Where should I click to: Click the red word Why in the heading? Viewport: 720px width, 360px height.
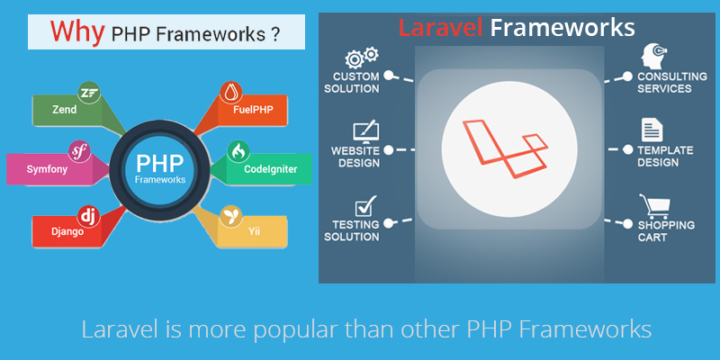coord(77,31)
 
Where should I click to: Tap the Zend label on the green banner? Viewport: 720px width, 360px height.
coord(64,110)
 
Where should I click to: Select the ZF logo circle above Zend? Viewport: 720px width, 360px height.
coord(89,93)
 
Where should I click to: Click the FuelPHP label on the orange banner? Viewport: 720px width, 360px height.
coord(252,110)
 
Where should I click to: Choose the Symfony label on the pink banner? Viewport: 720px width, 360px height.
coord(48,169)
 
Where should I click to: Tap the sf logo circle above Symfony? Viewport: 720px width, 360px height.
coord(79,151)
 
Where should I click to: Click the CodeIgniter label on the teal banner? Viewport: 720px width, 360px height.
coord(271,169)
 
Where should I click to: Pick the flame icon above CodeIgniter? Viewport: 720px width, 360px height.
coord(238,152)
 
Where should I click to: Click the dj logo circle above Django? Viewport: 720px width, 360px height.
coord(89,216)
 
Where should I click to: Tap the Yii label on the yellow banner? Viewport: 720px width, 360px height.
coord(255,231)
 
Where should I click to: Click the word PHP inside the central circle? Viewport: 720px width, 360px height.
coord(160,163)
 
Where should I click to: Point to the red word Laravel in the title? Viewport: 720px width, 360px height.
coord(440,28)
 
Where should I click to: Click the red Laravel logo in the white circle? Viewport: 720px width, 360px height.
coord(505,148)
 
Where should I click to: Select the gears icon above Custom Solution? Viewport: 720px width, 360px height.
coord(362,58)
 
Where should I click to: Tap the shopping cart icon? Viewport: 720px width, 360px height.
coord(654,207)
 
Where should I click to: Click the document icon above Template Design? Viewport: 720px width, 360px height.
coord(652,130)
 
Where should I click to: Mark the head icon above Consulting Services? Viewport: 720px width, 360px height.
coord(653,57)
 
